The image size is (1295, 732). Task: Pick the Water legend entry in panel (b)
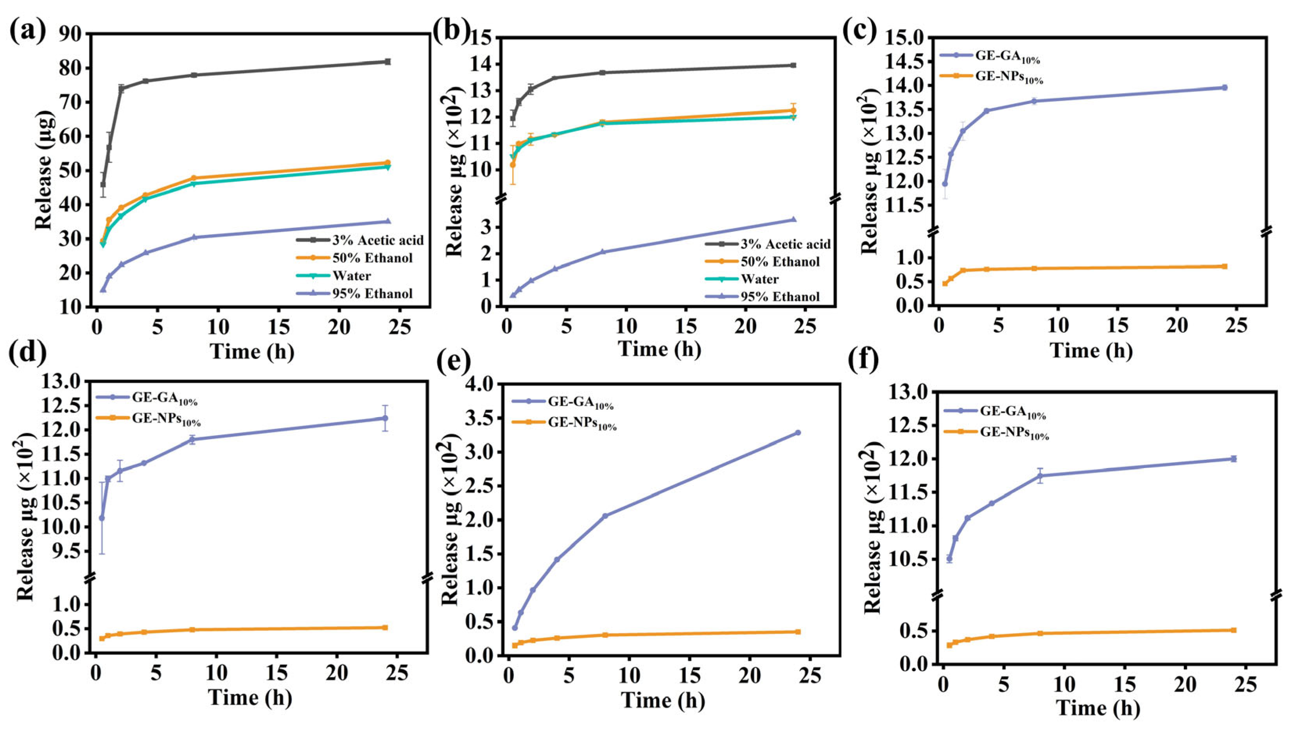click(760, 279)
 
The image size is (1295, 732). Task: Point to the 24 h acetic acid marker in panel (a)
click(387, 61)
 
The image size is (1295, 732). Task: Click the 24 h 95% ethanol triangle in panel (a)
click(387, 221)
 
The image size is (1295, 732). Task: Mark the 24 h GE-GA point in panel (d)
click(385, 418)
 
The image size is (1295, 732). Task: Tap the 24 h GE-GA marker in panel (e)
click(797, 432)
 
